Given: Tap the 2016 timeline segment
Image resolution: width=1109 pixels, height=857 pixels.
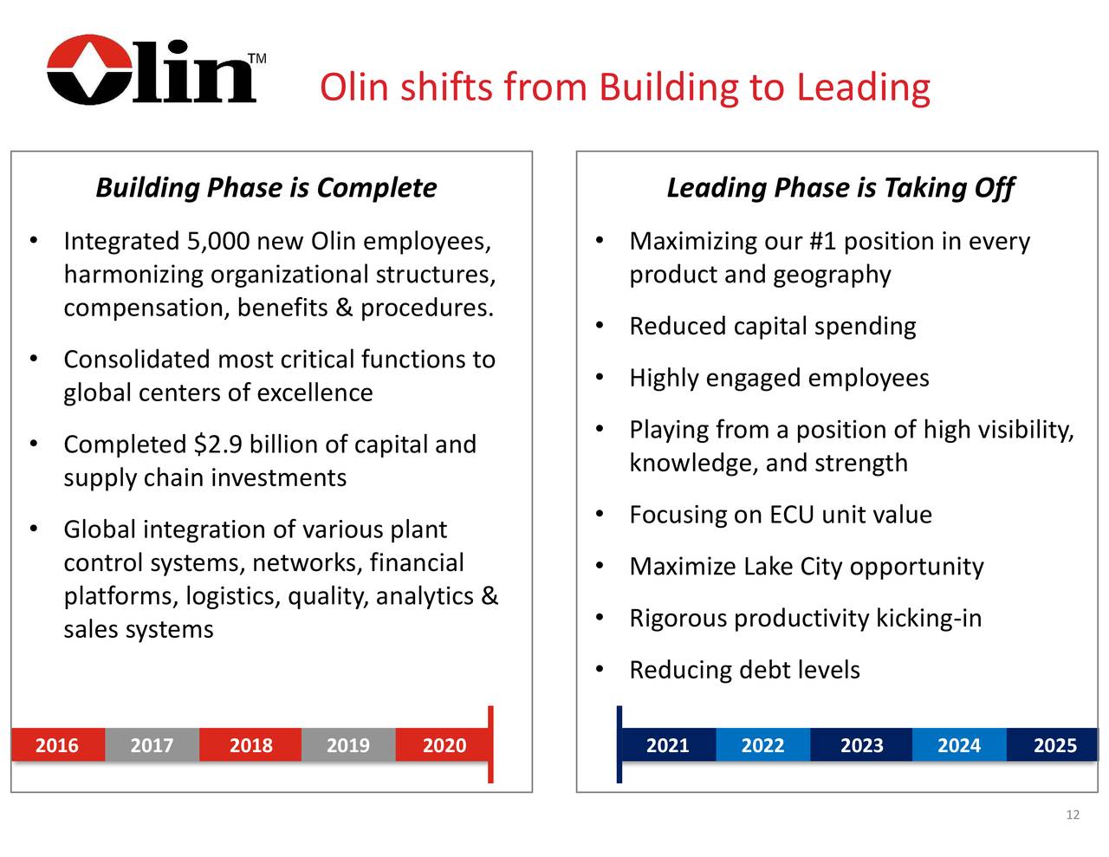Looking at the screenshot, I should tap(57, 745).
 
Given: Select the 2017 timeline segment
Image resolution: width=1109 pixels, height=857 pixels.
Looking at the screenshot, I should tap(152, 745).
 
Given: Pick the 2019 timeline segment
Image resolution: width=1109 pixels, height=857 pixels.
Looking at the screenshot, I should tap(347, 745).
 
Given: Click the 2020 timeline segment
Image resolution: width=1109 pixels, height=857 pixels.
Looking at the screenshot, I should tap(444, 745).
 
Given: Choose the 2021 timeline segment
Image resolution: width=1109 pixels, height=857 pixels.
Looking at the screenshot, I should tap(668, 745).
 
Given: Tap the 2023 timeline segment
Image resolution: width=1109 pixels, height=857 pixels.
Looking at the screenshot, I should tap(861, 745).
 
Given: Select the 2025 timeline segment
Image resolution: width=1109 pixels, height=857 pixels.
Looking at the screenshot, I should tap(1054, 745).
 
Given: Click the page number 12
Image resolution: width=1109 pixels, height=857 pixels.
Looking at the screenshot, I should tap(1073, 815).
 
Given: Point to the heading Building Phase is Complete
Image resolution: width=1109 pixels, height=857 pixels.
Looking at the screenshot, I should tap(266, 188).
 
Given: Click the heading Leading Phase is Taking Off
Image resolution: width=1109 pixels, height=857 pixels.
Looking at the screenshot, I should tap(840, 188).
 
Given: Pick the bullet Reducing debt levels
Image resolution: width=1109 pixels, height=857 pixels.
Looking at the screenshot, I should tap(744, 670).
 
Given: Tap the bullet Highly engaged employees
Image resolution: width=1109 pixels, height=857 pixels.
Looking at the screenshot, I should tap(779, 378).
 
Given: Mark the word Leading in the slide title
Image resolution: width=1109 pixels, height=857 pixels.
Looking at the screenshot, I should tap(863, 87).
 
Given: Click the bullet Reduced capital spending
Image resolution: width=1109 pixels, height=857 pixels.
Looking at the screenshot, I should tap(772, 327).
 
